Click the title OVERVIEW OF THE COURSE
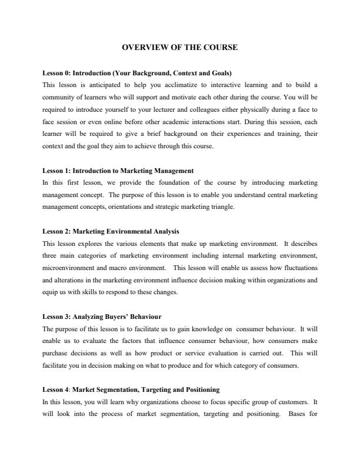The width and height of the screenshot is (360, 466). pos(180,46)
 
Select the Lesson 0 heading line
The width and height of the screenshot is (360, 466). pos(137,74)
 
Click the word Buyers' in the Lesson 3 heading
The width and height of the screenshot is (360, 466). pos(117,317)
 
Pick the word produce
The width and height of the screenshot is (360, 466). pos(204,365)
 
